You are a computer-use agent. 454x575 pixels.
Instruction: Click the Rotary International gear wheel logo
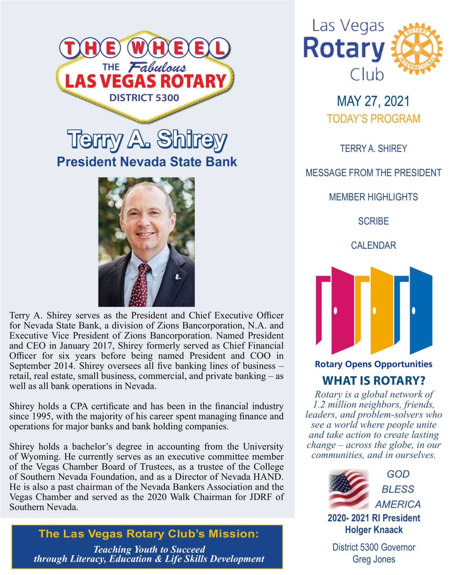point(417,49)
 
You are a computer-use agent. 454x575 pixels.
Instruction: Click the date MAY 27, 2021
point(373,101)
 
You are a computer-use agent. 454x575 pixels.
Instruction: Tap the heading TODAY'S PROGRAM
point(373,119)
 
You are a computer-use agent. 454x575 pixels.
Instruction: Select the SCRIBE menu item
point(373,221)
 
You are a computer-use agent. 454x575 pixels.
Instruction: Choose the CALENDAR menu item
point(373,245)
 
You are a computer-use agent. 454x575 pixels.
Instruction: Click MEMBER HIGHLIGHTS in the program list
point(373,197)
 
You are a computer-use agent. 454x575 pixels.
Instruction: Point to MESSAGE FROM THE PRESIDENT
point(373,173)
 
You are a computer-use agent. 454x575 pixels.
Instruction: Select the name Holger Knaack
point(374,530)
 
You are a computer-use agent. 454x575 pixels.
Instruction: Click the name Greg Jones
point(374,559)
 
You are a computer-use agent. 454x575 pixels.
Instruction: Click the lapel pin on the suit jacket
point(177,277)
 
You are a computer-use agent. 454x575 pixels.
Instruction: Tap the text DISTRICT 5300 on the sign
point(144,98)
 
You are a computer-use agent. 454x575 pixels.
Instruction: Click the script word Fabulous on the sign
point(157,67)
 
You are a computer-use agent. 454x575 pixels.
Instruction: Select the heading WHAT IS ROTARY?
point(373,381)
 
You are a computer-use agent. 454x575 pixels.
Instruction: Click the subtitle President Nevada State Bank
point(147,162)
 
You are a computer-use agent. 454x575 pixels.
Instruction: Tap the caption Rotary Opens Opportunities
point(373,364)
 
